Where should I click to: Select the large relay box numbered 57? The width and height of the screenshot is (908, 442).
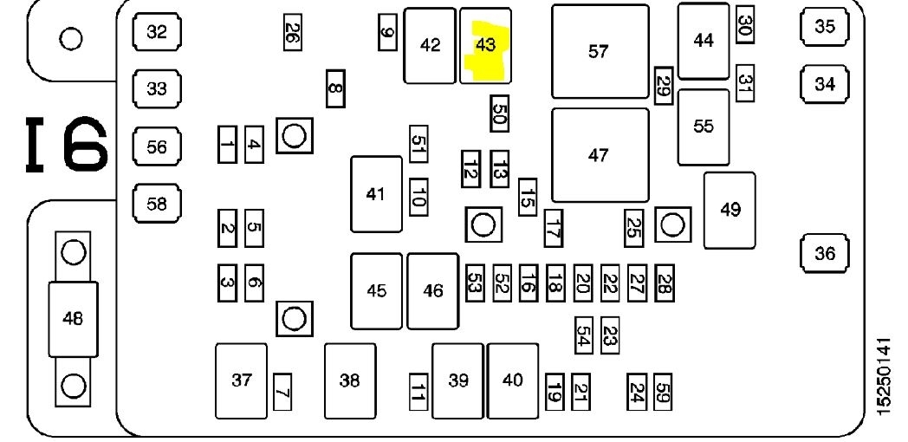click(x=599, y=51)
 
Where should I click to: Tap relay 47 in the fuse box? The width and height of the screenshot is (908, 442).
click(x=599, y=155)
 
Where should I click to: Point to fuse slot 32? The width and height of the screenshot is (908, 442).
click(x=156, y=33)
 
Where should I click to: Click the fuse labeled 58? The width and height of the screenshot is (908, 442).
click(x=156, y=205)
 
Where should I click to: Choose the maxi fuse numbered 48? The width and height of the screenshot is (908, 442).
click(x=73, y=318)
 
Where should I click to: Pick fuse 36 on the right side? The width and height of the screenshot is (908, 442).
click(x=824, y=254)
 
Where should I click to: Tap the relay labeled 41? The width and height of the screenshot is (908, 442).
click(x=375, y=194)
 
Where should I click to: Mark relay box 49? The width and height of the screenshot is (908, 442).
click(x=730, y=209)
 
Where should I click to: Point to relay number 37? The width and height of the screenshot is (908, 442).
click(x=242, y=380)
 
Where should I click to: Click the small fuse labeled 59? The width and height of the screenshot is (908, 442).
click(x=664, y=393)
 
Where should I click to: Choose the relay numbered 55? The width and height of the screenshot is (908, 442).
click(x=704, y=127)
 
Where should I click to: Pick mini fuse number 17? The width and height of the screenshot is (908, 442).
click(x=554, y=229)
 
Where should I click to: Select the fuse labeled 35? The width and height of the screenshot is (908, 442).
click(x=824, y=27)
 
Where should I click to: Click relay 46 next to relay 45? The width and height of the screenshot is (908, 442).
click(x=432, y=291)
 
